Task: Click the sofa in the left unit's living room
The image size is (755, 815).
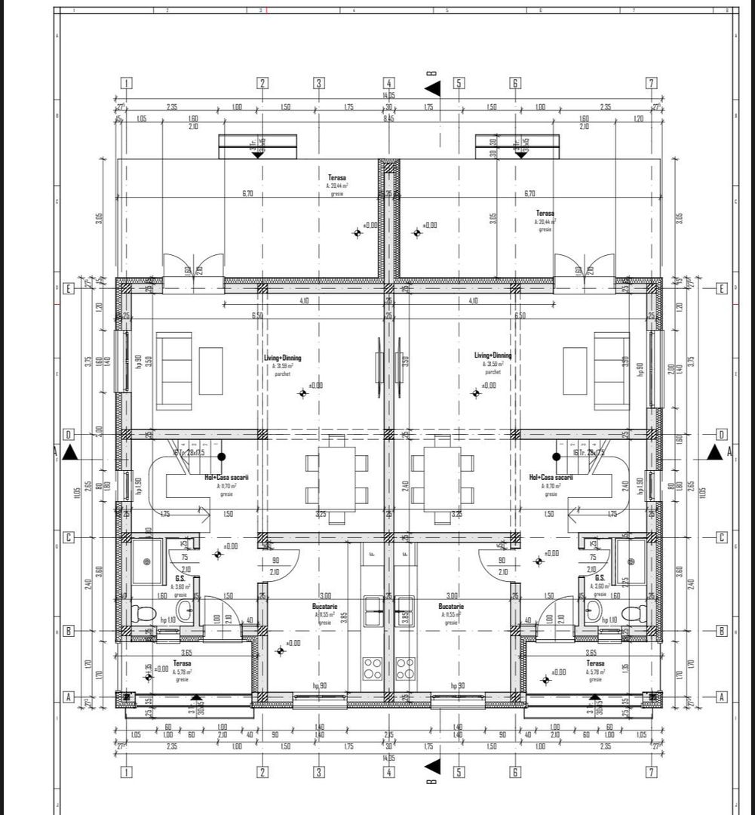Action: [x=173, y=371]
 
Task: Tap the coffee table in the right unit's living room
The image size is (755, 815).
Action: [x=575, y=371]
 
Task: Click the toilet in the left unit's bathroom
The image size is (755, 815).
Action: [x=143, y=612]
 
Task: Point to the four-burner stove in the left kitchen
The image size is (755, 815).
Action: [x=372, y=668]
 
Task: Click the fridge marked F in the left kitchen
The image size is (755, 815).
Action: [x=372, y=555]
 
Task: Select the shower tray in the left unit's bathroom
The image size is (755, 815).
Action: [x=147, y=561]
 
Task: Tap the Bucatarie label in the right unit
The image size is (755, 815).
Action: [x=451, y=606]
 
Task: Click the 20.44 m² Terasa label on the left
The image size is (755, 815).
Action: [x=336, y=177]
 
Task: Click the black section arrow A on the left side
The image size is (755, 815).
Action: [x=70, y=452]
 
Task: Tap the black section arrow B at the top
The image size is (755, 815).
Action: [x=432, y=88]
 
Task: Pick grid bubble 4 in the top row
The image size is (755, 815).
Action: [x=388, y=83]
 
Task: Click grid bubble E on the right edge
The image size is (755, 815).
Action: [x=722, y=288]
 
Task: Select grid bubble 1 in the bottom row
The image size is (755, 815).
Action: [x=126, y=772]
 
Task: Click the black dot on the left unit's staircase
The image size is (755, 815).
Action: [x=222, y=457]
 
